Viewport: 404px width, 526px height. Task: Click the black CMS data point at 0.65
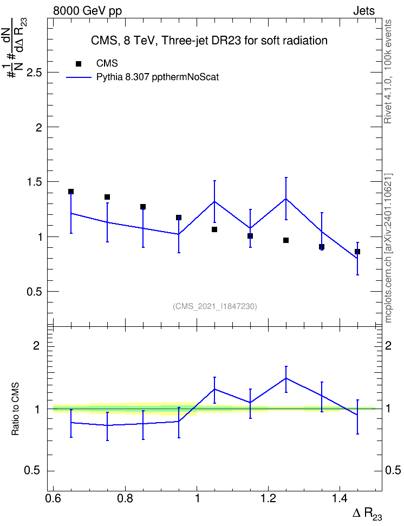tap(71, 192)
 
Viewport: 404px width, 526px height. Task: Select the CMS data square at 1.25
tap(286, 240)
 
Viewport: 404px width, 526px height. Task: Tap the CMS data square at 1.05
tap(214, 229)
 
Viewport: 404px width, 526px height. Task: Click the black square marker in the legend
tap(79, 64)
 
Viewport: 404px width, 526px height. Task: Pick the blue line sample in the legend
tap(79, 77)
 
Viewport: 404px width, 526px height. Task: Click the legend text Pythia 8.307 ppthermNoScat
tap(158, 77)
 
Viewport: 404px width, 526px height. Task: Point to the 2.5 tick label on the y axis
tap(34, 73)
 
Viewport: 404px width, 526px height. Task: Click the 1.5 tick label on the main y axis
tap(34, 182)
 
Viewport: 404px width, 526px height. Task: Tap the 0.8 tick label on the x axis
tap(125, 498)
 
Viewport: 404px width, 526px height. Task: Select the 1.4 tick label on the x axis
tap(340, 498)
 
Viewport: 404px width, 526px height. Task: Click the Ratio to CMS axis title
tap(15, 409)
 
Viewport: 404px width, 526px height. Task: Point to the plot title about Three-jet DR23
tap(209, 41)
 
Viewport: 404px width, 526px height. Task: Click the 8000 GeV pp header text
tap(87, 11)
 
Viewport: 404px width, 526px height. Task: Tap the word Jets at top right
tap(364, 11)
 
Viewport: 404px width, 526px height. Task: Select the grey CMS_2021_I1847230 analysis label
tap(215, 306)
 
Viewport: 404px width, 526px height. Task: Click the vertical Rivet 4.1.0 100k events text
tap(388, 71)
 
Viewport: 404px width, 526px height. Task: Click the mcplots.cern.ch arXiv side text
tap(388, 248)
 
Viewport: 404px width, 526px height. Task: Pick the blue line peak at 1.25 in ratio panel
tap(286, 378)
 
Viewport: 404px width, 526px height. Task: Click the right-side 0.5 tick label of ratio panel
tap(393, 470)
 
